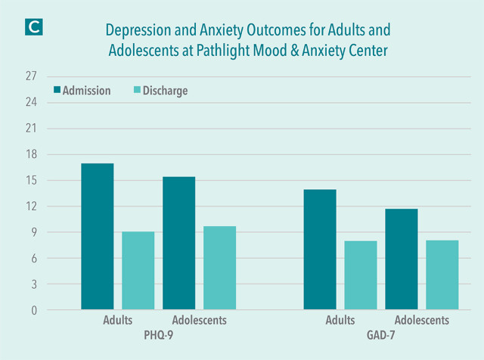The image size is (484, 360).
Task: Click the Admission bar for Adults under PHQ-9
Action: click(x=98, y=237)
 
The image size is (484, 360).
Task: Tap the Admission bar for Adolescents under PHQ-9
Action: click(x=178, y=243)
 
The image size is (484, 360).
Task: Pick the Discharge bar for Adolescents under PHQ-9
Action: click(x=219, y=268)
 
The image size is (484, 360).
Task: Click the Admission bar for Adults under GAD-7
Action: click(x=320, y=250)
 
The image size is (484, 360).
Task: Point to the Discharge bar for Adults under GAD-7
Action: click(x=361, y=275)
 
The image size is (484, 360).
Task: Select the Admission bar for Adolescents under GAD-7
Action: click(x=402, y=259)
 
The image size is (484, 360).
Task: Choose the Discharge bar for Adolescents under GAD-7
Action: click(x=442, y=275)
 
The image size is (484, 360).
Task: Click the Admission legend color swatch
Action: click(x=57, y=91)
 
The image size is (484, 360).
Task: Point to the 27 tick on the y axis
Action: click(x=32, y=76)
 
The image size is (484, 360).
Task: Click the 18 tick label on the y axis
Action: click(x=32, y=154)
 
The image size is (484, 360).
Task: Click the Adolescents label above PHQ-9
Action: click(x=199, y=320)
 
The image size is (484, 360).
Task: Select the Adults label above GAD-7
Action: click(x=340, y=320)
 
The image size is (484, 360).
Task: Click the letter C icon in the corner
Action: click(x=35, y=25)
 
